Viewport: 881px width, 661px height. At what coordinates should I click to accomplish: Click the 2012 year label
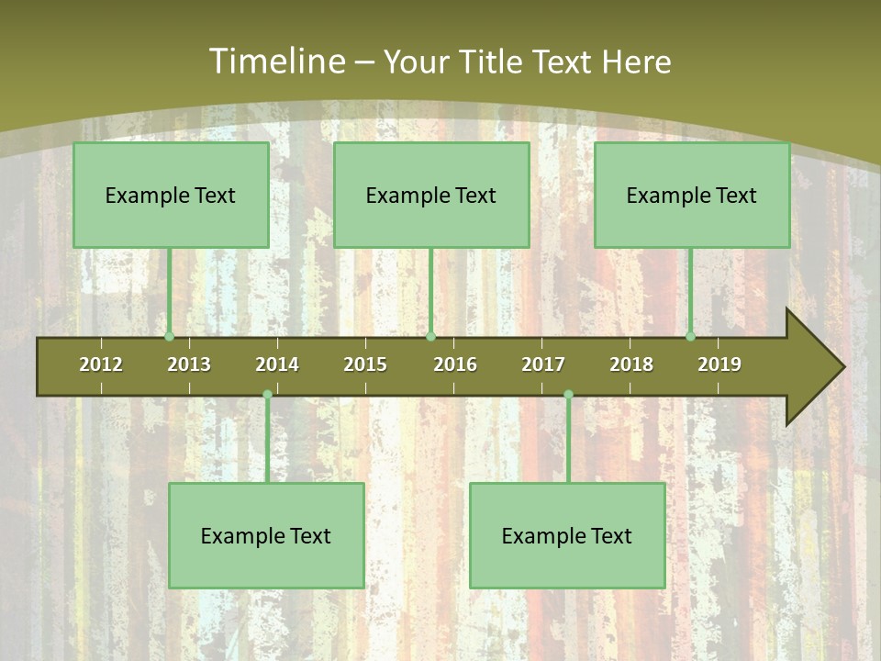click(x=101, y=364)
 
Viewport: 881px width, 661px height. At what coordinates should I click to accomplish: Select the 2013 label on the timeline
click(x=189, y=364)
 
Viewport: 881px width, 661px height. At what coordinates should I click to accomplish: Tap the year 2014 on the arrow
click(x=277, y=364)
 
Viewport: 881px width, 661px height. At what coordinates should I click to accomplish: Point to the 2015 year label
click(x=365, y=364)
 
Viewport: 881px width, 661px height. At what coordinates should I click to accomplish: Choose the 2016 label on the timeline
click(x=455, y=364)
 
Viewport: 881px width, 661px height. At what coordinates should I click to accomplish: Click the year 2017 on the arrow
click(x=543, y=364)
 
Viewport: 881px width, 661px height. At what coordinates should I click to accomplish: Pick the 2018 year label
click(x=631, y=364)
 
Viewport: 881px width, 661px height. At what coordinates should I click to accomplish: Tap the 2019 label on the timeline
click(x=719, y=364)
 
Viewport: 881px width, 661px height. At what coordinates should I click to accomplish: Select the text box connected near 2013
click(x=171, y=195)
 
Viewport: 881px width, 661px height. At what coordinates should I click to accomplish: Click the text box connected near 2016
click(x=431, y=195)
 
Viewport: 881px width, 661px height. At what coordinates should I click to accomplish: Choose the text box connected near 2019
click(x=692, y=195)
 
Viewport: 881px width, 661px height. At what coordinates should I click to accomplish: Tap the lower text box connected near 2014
click(x=266, y=535)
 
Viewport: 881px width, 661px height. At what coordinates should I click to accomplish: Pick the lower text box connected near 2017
click(x=567, y=535)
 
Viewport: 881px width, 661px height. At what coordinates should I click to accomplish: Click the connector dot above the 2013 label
click(x=169, y=337)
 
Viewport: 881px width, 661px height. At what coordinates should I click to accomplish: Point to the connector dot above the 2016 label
click(x=430, y=337)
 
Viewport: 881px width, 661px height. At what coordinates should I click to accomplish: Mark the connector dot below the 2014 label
click(x=267, y=395)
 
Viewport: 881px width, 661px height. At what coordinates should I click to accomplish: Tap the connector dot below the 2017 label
click(x=568, y=395)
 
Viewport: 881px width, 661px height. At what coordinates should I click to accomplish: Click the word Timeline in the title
click(x=276, y=62)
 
